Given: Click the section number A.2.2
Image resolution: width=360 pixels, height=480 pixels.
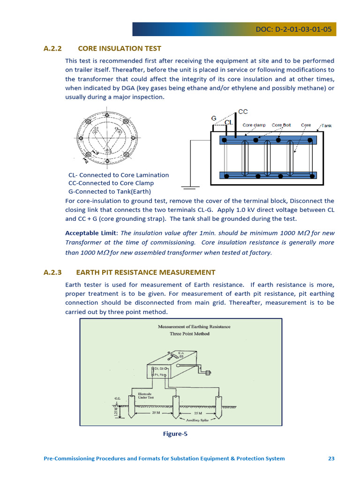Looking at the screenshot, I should click(52, 48).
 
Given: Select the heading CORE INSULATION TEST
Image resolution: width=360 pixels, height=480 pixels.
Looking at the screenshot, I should click(120, 48).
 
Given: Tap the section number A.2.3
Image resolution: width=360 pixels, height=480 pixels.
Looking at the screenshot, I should click(52, 272).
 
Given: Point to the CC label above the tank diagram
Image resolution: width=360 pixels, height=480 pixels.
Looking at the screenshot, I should click(243, 112).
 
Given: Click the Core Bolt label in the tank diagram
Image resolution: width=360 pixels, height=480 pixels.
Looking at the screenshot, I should click(281, 125).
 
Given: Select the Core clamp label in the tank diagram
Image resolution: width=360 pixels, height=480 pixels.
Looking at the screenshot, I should click(254, 125).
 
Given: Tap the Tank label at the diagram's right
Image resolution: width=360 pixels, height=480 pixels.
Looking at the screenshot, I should click(326, 126).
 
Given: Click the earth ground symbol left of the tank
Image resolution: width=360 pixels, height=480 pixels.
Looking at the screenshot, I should click(188, 188).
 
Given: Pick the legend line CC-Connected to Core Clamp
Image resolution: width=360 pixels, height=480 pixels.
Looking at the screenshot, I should click(111, 183).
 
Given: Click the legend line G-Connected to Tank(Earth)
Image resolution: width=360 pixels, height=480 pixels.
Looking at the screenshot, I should click(110, 192).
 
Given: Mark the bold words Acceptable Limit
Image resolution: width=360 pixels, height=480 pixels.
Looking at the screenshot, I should click(91, 233).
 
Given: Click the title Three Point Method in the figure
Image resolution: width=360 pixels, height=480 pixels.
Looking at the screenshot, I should click(189, 334).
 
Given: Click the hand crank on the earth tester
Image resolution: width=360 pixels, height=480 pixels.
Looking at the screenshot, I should click(206, 373).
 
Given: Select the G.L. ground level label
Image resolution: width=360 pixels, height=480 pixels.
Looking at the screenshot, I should click(117, 398).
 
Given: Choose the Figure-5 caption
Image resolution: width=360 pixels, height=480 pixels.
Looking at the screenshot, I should click(175, 434).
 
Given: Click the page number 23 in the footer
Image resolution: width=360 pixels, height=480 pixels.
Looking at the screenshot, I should click(331, 458).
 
